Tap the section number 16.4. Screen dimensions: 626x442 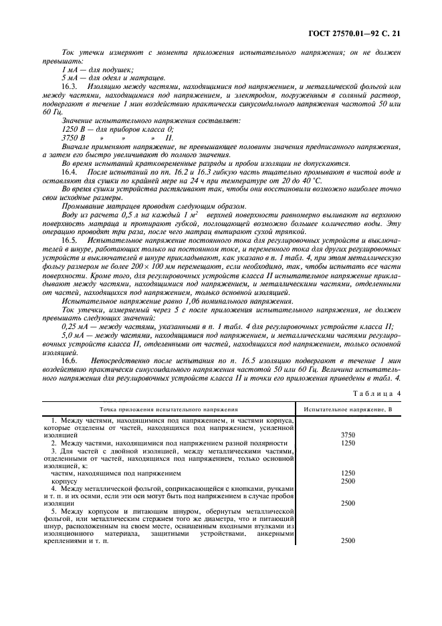(x=70, y=172)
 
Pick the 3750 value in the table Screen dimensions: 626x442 (x=348, y=435)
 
